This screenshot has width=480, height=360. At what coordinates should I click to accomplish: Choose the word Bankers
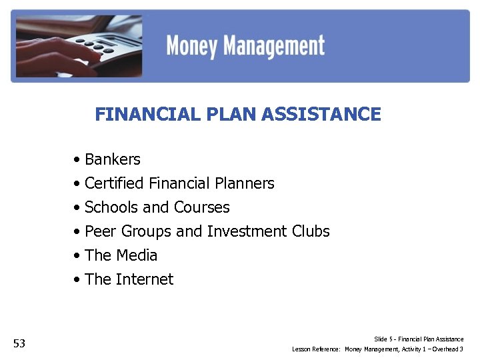coord(113,159)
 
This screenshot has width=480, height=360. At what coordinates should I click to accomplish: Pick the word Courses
coord(202,207)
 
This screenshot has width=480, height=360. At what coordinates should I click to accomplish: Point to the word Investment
coord(247,231)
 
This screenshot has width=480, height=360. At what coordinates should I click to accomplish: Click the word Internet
coord(145,279)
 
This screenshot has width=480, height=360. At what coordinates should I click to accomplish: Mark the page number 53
coord(19,344)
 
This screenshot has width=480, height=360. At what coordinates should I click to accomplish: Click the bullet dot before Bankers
coord(78,160)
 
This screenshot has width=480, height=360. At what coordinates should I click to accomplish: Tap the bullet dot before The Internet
coord(78,280)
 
